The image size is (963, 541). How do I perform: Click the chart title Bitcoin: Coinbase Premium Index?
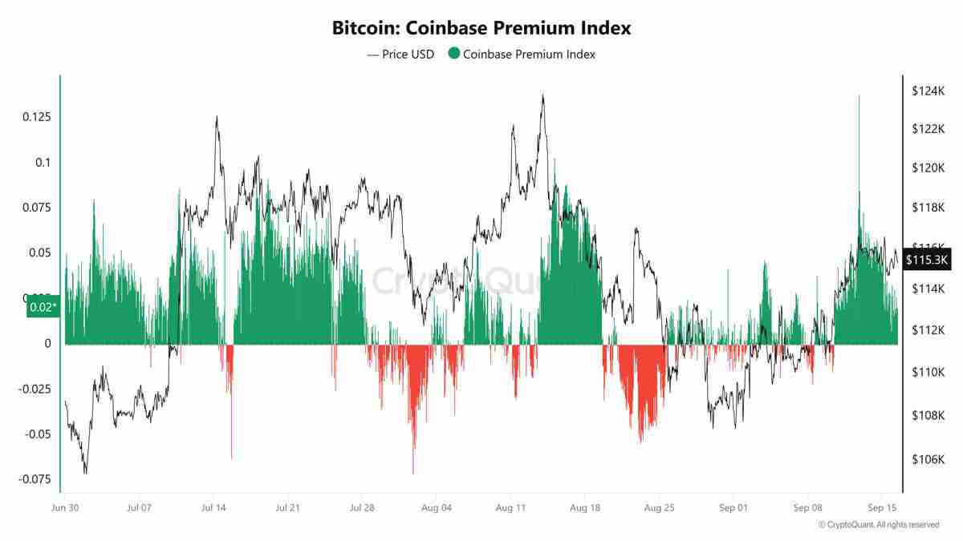(x=481, y=27)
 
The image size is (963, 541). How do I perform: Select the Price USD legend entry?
(x=400, y=55)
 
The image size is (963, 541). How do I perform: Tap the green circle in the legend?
(x=454, y=55)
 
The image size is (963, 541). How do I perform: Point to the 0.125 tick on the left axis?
(x=35, y=117)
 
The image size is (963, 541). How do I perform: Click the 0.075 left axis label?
(x=35, y=208)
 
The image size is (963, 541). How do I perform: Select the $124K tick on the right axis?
(x=927, y=91)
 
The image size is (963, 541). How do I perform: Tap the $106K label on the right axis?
(x=927, y=459)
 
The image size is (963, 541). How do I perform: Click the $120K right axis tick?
(x=927, y=168)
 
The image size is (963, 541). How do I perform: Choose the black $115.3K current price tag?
(x=927, y=260)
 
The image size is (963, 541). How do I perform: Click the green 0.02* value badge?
(x=43, y=307)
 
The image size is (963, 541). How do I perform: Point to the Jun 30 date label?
(x=64, y=508)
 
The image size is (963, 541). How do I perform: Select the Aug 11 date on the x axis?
(x=510, y=508)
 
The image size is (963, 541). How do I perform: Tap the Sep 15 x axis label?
(x=882, y=508)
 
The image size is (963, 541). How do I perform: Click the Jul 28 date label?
(x=362, y=508)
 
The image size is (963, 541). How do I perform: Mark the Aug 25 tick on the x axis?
(x=659, y=508)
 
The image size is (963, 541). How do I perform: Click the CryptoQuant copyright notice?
(x=878, y=525)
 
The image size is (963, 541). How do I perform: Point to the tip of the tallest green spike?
(x=859, y=95)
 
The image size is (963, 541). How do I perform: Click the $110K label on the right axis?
(x=927, y=373)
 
